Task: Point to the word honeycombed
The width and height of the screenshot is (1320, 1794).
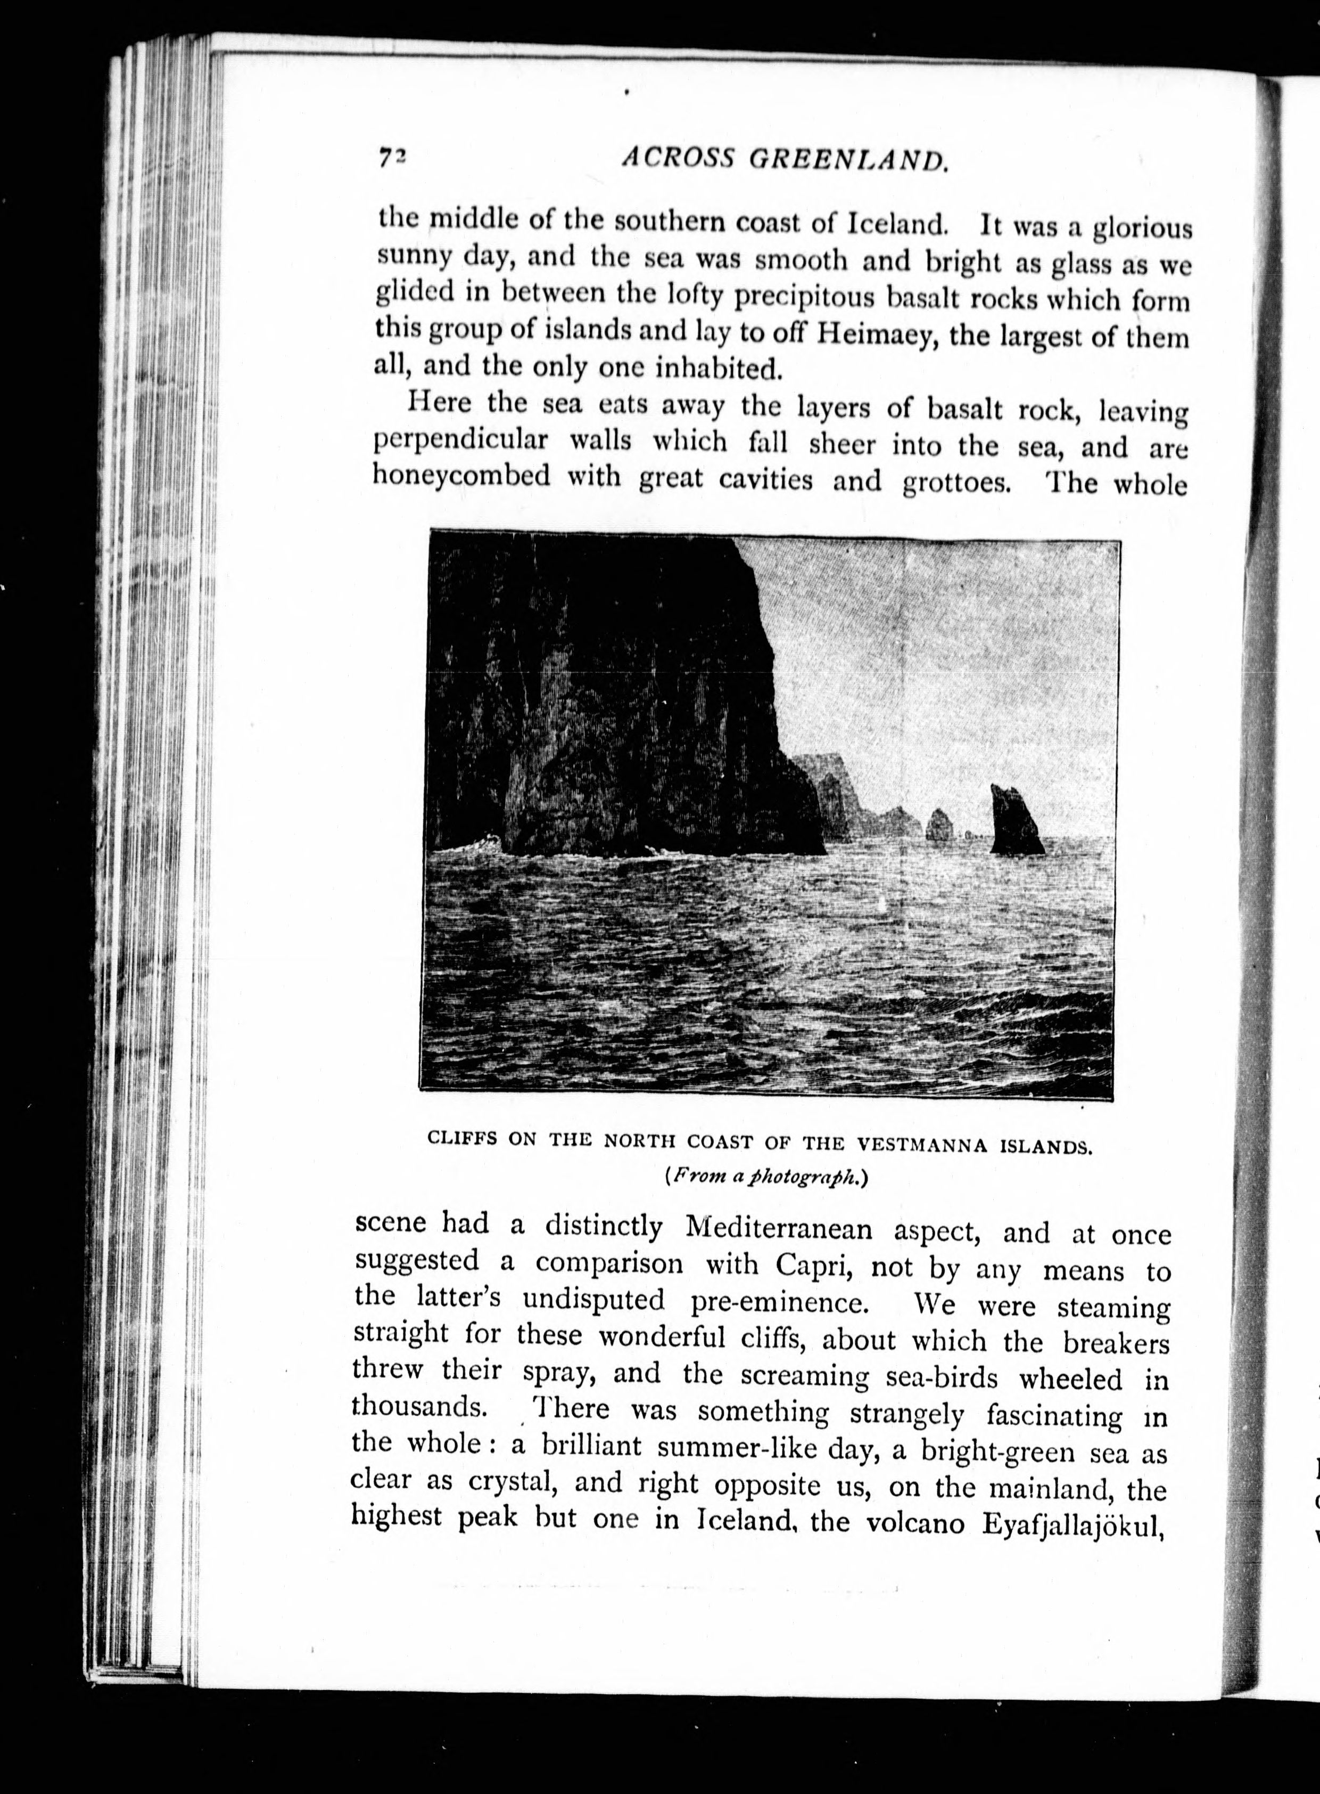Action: tap(462, 477)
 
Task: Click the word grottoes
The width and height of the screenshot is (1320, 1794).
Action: tap(954, 484)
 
